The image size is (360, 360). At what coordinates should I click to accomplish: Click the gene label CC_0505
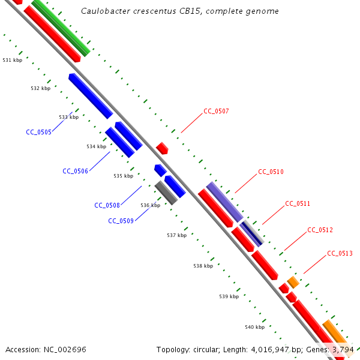38,132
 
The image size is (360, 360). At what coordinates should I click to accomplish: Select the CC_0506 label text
75,171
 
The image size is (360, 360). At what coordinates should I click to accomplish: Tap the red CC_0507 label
216,111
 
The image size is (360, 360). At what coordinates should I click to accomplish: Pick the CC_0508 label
107,205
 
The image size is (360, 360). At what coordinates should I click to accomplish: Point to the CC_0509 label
121,221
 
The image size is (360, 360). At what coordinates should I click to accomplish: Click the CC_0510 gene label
271,172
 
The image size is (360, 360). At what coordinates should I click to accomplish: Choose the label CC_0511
298,203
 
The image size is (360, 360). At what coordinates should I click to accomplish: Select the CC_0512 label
320,230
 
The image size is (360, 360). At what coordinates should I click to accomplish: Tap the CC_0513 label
340,253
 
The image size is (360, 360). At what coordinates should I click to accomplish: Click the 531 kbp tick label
13,60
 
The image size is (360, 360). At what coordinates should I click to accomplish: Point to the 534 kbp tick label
96,146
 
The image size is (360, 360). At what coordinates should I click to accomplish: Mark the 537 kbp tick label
176,235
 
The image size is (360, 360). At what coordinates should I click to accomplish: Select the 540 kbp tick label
254,327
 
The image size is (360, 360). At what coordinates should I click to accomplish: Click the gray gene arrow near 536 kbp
166,193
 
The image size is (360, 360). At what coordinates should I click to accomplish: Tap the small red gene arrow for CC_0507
162,148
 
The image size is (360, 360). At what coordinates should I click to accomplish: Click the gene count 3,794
342,349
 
